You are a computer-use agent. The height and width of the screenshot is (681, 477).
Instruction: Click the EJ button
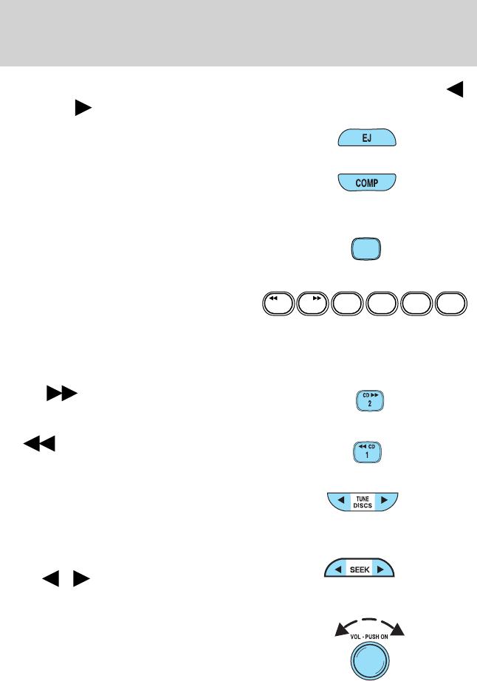(x=366, y=138)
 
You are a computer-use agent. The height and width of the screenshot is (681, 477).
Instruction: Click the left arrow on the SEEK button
(x=336, y=569)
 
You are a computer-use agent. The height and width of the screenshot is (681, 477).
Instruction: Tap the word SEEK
(x=360, y=569)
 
